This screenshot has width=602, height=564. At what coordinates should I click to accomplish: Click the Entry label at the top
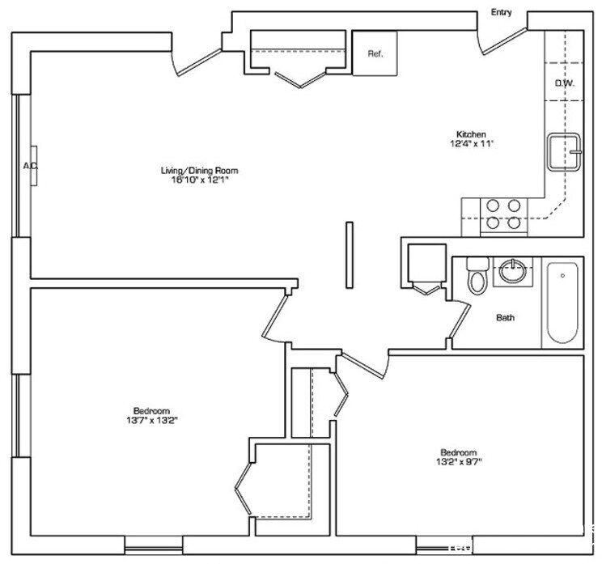[501, 11]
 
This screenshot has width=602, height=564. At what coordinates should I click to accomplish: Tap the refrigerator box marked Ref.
[375, 53]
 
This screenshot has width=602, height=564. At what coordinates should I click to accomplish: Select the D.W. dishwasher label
[564, 83]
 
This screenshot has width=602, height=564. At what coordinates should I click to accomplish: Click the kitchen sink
[565, 151]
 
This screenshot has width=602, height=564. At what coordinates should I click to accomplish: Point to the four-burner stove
[502, 214]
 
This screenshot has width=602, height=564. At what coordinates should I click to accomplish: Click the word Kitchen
[471, 134]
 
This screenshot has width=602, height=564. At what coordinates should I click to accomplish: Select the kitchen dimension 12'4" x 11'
[471, 144]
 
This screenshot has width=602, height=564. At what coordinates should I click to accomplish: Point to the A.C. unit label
[30, 166]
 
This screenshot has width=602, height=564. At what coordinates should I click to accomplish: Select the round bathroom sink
[512, 270]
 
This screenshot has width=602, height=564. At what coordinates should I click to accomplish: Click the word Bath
[505, 318]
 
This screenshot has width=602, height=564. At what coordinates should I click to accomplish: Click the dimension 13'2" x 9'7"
[458, 462]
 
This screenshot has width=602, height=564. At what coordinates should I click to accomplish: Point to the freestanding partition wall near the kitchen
[349, 254]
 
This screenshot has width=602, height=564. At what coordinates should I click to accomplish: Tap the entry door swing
[503, 39]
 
